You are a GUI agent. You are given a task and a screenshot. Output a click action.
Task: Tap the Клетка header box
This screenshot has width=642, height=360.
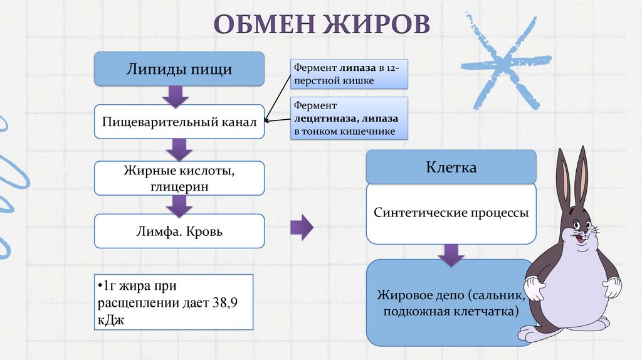point(451,167)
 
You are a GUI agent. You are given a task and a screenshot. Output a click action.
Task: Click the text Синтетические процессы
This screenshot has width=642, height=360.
point(451,213)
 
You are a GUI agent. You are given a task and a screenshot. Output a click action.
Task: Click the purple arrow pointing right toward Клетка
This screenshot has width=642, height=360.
point(302,227)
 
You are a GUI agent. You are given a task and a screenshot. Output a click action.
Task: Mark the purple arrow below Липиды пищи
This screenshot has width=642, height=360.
point(176,95)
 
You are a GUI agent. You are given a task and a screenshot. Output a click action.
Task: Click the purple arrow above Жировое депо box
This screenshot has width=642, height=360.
point(451,253)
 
